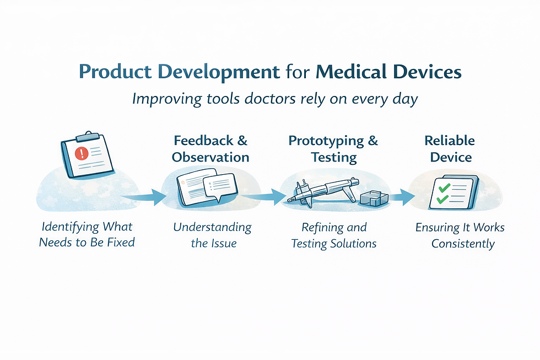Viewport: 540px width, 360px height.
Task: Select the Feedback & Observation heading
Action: coord(210,149)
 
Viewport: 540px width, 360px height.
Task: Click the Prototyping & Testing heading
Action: coord(333,149)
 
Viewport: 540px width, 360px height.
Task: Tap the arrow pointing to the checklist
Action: coord(403,196)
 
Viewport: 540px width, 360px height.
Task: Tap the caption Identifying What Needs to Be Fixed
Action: coord(87,234)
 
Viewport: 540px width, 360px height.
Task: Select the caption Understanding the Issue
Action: coord(213,235)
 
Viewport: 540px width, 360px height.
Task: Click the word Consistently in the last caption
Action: coord(463,243)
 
